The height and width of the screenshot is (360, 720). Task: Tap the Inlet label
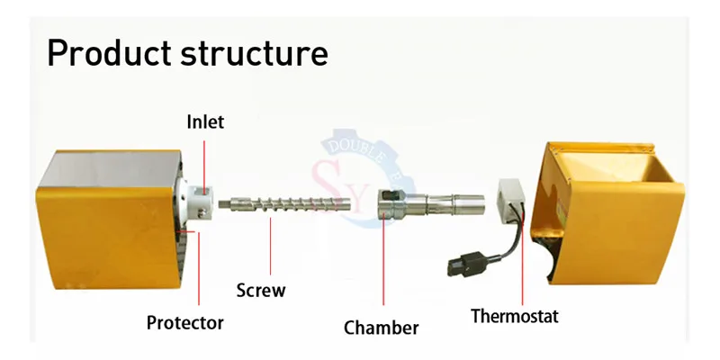pos(205,121)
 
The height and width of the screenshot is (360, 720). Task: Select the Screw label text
pos(261,290)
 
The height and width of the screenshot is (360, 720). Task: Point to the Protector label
pos(186,321)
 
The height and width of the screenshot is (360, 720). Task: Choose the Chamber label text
pos(382,327)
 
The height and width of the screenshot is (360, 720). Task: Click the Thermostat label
pos(515,316)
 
